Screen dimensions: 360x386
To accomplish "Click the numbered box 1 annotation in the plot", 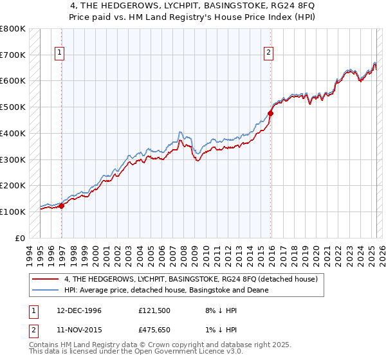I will point(60,53).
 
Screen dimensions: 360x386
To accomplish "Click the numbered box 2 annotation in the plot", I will point(268,53).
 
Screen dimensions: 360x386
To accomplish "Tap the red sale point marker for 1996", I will point(62,206).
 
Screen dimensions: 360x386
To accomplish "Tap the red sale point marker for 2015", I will point(271,113).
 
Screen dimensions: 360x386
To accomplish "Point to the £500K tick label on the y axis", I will point(12,107).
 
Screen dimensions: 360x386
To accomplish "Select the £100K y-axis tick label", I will point(12,212).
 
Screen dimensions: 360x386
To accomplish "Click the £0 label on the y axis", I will point(21,238).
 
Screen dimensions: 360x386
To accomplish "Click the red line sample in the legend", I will point(46,279).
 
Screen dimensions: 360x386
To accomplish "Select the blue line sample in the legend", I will point(46,290).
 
